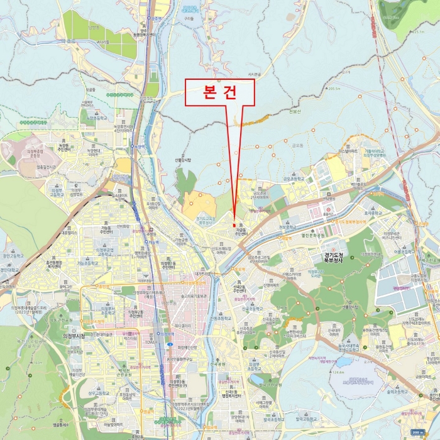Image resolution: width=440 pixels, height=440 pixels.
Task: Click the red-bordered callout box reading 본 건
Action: coord(219,92)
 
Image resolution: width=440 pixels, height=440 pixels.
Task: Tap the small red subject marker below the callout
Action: coord(234,225)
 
